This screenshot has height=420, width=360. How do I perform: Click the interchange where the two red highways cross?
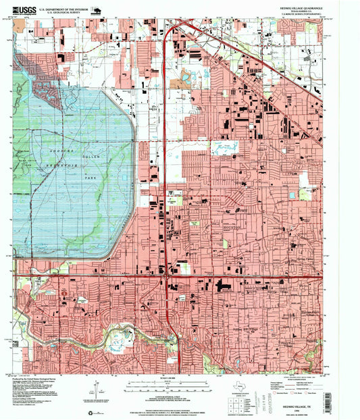point(166,275)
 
